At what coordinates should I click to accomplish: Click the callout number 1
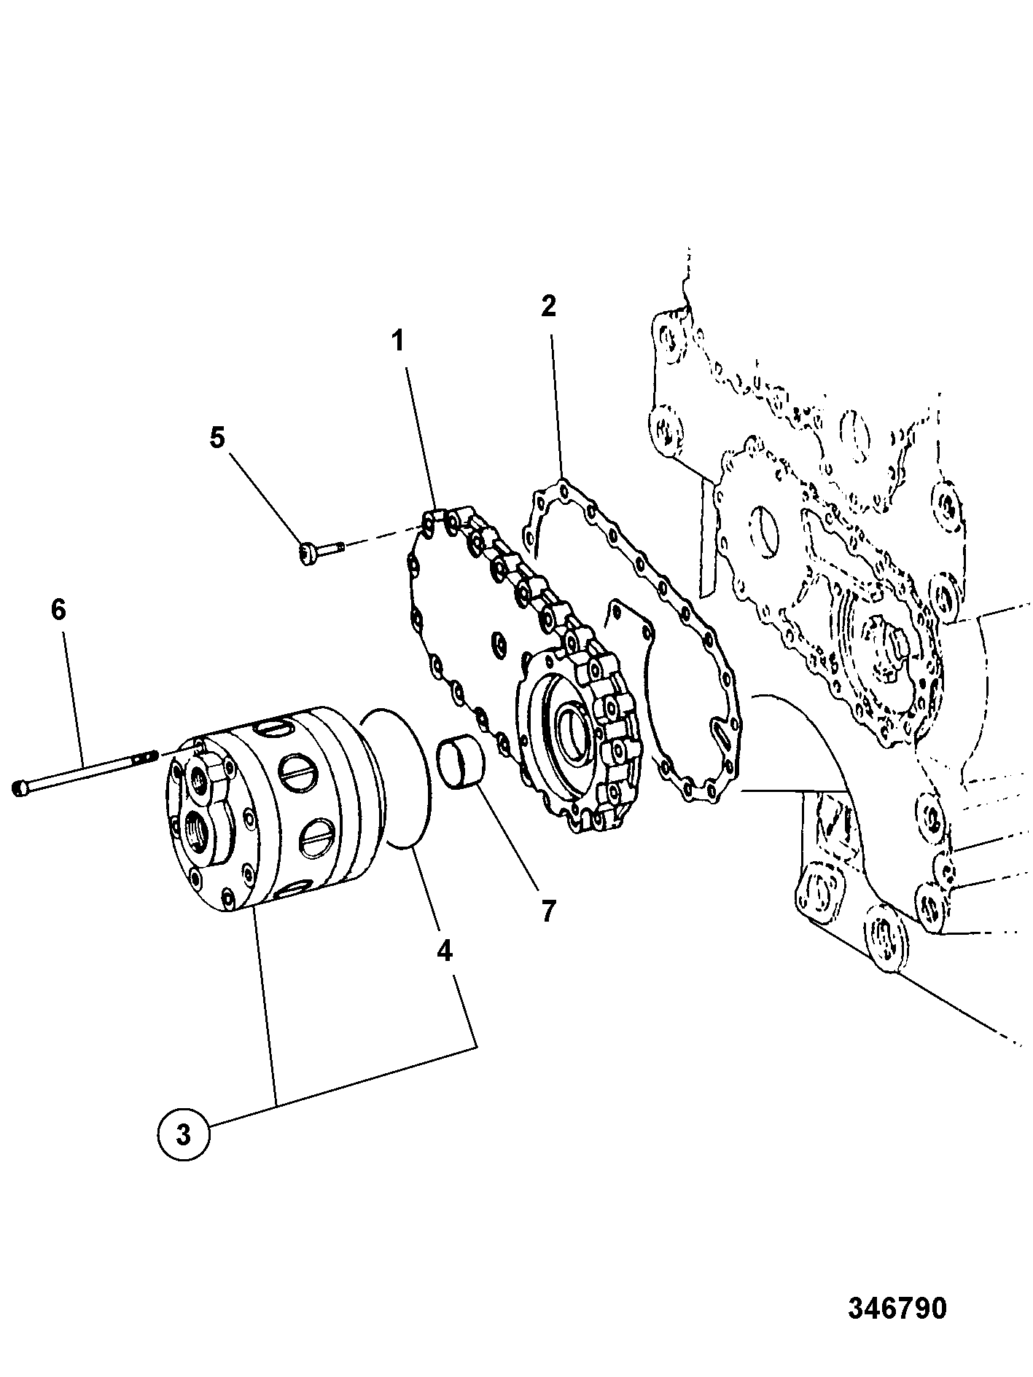click(x=398, y=341)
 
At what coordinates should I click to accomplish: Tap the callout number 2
click(x=548, y=306)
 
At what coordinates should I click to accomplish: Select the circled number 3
click(x=184, y=1134)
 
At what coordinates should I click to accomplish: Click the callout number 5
click(x=217, y=438)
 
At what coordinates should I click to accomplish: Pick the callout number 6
click(x=58, y=609)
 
